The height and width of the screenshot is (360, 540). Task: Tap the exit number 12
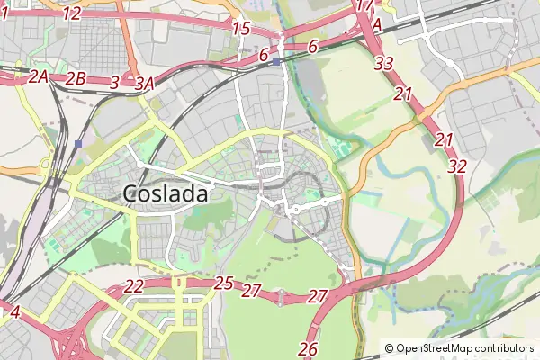coord(73,13)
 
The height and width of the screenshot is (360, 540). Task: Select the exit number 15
coord(240,29)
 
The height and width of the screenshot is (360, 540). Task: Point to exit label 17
coord(364,5)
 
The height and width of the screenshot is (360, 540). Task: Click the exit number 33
coord(384,63)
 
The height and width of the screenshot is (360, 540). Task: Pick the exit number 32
coord(457,166)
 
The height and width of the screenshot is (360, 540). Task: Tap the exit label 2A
coord(38,77)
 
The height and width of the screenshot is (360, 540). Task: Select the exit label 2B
coord(76,78)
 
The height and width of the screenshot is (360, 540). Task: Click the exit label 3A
coord(145,83)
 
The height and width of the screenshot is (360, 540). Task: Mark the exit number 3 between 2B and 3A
coord(114,82)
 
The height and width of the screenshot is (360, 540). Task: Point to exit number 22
coord(133,286)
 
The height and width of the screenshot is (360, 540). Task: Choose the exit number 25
coord(224,283)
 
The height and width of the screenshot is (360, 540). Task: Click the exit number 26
coord(308,348)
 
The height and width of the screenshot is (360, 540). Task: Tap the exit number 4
coord(14,311)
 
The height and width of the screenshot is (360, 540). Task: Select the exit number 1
coord(4,13)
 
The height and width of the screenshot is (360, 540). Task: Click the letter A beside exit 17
coord(377,26)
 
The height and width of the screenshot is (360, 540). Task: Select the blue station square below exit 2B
coord(80,143)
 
